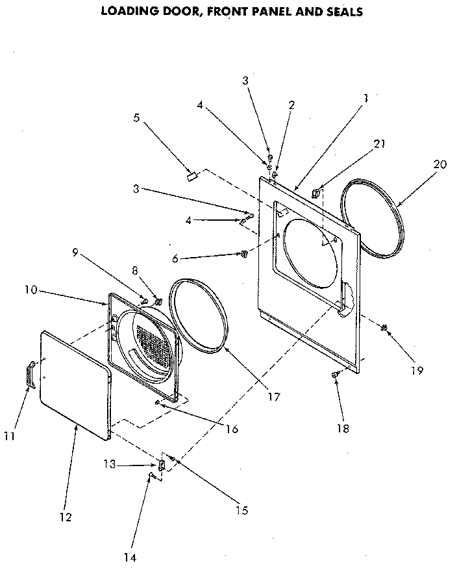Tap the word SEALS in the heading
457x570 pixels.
point(341,11)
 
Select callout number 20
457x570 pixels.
point(439,164)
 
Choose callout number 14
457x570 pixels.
point(132,556)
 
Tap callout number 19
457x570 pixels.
point(416,371)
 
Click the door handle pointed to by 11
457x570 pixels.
point(29,377)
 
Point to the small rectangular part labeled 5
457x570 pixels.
point(191,175)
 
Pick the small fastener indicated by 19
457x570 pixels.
point(384,328)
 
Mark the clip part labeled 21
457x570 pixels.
point(317,191)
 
